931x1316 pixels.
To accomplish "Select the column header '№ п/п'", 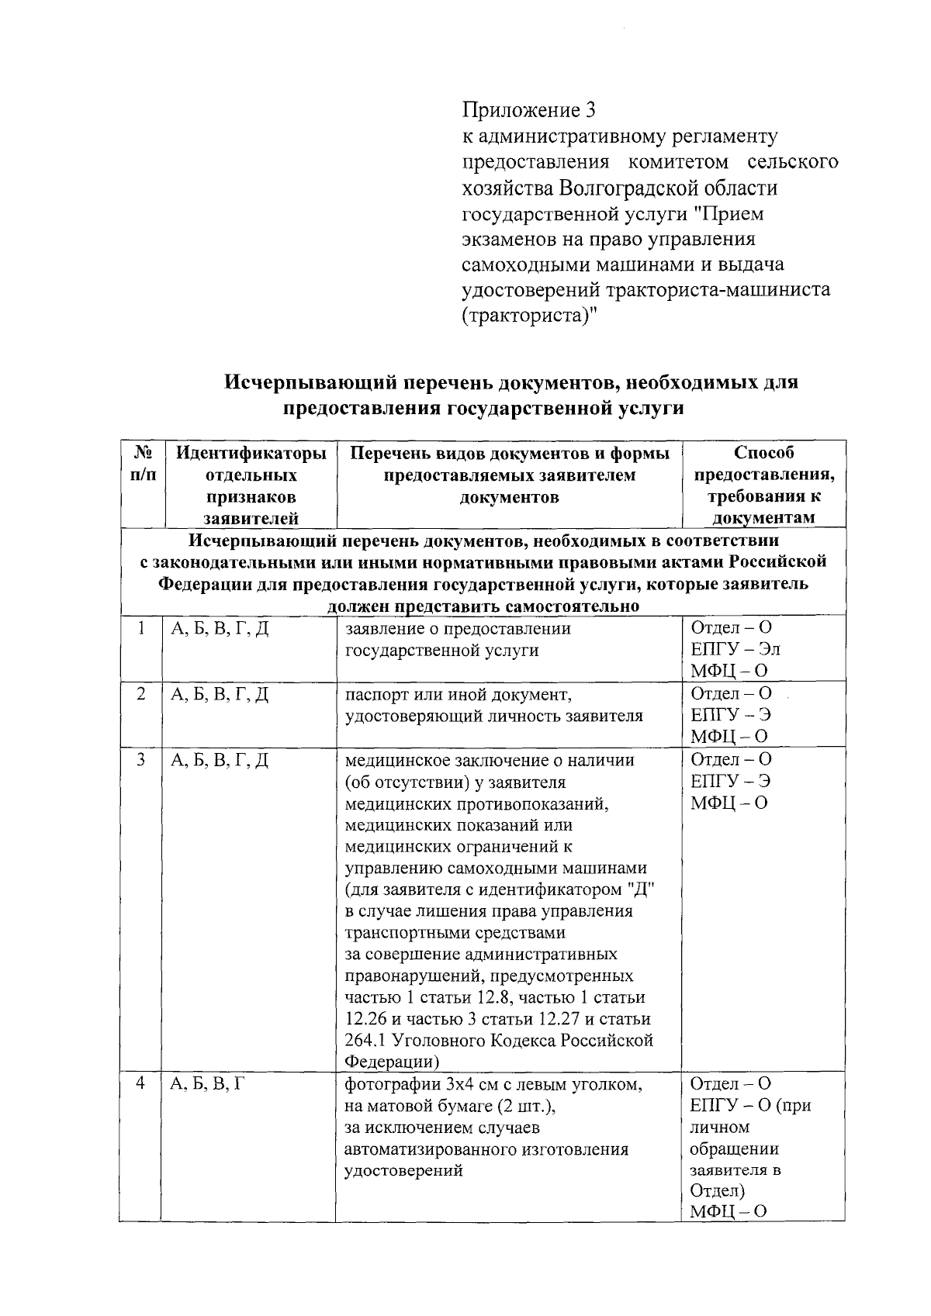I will pyautogui.click(x=141, y=463).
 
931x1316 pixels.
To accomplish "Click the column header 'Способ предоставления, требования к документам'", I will pyautogui.click(x=763, y=485).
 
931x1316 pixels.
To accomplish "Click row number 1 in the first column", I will pyautogui.click(x=141, y=629).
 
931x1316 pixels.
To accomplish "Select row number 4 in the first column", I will pyautogui.click(x=141, y=1083).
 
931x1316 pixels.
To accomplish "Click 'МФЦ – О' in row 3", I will pyautogui.click(x=729, y=803).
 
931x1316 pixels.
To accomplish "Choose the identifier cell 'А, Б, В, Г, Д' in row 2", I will pyautogui.click(x=220, y=695).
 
